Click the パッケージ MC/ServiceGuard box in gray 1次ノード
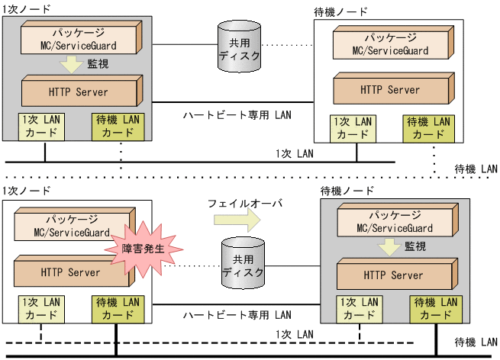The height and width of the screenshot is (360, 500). click(80, 37)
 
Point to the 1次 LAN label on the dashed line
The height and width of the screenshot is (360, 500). click(295, 334)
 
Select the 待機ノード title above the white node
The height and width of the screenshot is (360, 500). click(340, 12)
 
